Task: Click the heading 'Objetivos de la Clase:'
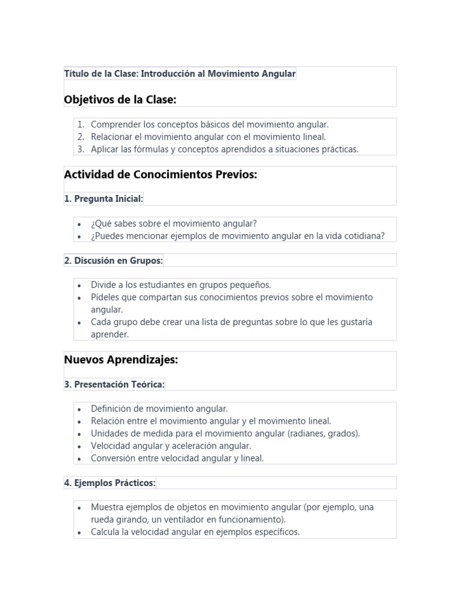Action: pos(120,99)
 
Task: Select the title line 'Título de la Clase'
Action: pos(180,74)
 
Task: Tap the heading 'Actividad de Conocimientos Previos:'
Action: pos(160,175)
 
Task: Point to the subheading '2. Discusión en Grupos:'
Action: pos(113,260)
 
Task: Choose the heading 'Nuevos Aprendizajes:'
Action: pos(121,360)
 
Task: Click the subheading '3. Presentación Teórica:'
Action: pos(114,384)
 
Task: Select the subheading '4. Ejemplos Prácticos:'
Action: pos(110,482)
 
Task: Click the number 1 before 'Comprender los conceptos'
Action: pos(81,125)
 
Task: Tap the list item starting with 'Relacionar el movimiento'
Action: pos(208,137)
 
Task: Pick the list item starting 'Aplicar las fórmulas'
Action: pos(224,150)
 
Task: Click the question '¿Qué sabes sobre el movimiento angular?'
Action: pos(174,223)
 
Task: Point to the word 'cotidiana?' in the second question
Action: pos(364,236)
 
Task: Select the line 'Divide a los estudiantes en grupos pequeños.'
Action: pos(181,285)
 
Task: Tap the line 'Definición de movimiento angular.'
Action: pos(159,409)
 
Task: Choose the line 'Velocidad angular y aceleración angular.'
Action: pos(171,446)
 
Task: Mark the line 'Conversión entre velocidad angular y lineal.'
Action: pos(177,459)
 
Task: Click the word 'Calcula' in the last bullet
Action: pos(106,532)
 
